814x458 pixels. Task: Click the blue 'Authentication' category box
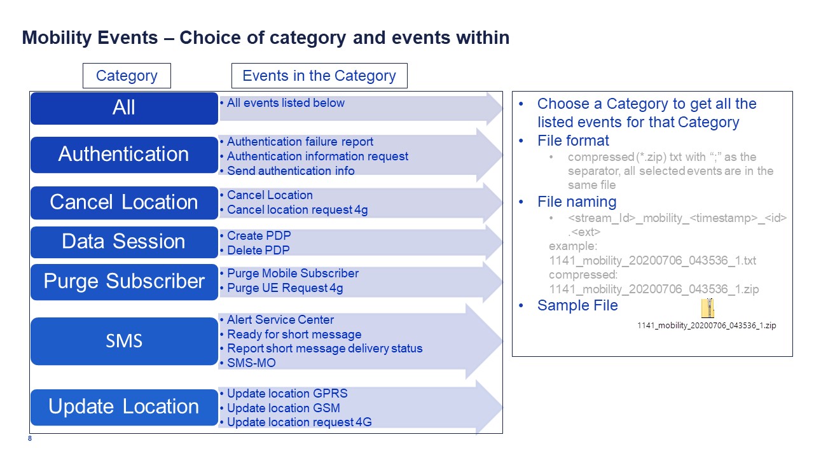click(124, 155)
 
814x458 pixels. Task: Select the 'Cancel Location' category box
click(124, 202)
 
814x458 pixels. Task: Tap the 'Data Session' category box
click(124, 242)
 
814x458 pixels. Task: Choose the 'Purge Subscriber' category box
click(124, 282)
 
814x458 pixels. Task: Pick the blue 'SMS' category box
click(124, 341)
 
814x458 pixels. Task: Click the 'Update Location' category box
click(124, 407)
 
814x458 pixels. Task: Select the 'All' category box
click(124, 108)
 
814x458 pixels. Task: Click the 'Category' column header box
click(127, 76)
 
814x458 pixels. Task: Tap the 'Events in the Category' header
click(319, 76)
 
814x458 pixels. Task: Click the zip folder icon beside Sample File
click(708, 309)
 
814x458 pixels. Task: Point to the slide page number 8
click(30, 438)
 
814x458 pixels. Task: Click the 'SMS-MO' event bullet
click(251, 363)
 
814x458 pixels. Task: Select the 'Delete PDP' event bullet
click(258, 250)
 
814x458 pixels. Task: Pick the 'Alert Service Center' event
click(280, 319)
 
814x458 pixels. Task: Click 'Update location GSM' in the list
click(284, 408)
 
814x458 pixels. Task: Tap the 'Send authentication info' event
click(291, 170)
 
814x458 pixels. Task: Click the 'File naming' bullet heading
click(577, 202)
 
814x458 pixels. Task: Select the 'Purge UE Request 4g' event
click(285, 288)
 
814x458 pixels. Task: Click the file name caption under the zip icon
click(707, 325)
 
